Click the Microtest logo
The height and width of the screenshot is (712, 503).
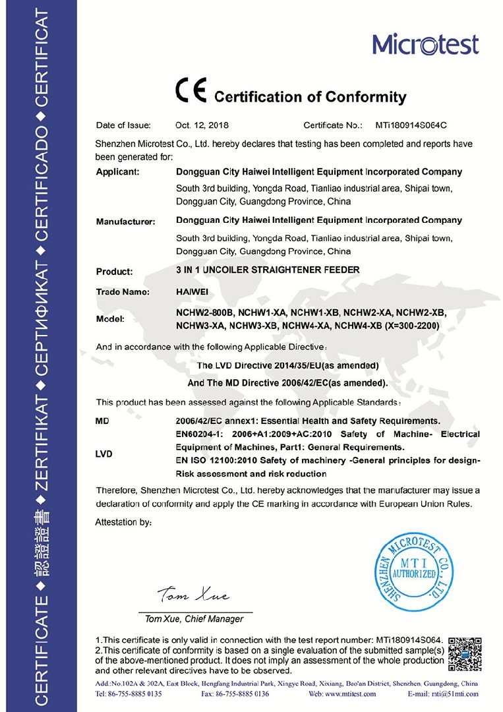tap(425, 44)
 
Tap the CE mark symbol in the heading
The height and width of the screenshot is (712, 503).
tap(191, 91)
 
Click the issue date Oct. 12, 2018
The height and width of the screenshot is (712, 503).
tap(202, 125)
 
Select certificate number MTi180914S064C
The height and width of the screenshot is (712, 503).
tap(411, 125)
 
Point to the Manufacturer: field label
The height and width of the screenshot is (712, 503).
tap(125, 222)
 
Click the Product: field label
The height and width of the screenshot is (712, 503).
tap(114, 271)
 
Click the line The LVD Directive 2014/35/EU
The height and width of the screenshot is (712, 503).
tap(287, 365)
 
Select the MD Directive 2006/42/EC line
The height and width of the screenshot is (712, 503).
tap(288, 382)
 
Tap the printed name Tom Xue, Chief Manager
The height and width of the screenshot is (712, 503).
tap(194, 619)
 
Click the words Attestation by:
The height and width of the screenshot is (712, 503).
tap(124, 522)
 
